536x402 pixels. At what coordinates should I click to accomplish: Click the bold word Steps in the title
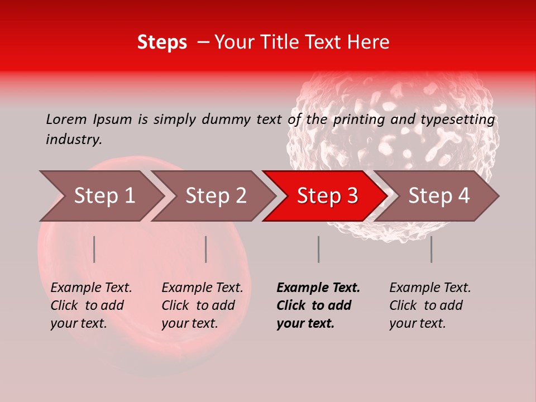coord(162,42)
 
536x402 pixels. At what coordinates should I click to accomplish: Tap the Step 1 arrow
coord(100,196)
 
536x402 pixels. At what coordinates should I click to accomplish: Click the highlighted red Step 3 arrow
coord(325,196)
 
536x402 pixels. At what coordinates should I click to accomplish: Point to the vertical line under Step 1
coord(94,249)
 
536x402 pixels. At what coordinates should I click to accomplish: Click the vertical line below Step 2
coord(206,249)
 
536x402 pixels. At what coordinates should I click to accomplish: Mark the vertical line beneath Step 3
coord(319,249)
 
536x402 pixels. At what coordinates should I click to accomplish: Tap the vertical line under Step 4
coord(432,249)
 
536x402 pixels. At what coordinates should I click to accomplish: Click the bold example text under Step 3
coord(318,305)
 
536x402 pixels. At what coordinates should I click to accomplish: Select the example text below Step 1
coord(91,305)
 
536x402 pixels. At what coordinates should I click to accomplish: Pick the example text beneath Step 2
coord(202,305)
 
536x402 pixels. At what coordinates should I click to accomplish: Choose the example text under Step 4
coord(430,305)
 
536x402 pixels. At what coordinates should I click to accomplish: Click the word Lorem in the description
coord(66,119)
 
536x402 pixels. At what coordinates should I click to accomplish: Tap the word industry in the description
coord(74,140)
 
